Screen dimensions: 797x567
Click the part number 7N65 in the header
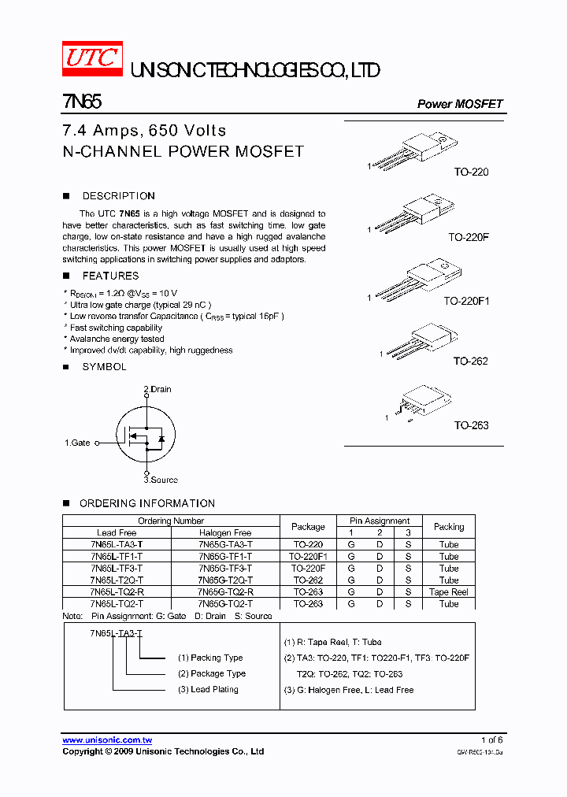click(x=80, y=102)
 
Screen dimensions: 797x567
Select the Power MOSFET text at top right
click(x=459, y=104)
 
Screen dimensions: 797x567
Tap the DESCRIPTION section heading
click(x=118, y=196)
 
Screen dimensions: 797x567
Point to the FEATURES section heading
click(x=110, y=276)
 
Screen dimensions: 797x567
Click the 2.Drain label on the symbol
click(x=157, y=389)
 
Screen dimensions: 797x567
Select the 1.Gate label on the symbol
click(x=77, y=443)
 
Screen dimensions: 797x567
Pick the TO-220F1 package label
click(x=466, y=301)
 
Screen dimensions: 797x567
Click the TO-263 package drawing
click(x=421, y=403)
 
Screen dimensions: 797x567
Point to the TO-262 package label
click(x=470, y=361)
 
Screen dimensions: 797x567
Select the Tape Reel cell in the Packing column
click(x=449, y=592)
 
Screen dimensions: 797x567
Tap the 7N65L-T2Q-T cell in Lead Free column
click(x=117, y=580)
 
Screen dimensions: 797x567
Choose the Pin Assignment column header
click(x=380, y=521)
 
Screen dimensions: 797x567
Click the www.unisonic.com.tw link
click(x=107, y=740)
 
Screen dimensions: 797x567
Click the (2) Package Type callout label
click(x=212, y=673)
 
